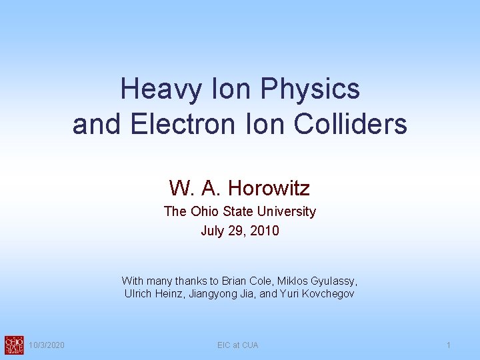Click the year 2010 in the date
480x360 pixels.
pos(265,231)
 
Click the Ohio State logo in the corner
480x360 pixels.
pos(13,345)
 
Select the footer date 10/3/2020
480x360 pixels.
pos(47,345)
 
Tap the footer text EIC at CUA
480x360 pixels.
pos(238,345)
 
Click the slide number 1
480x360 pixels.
pos(449,345)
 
